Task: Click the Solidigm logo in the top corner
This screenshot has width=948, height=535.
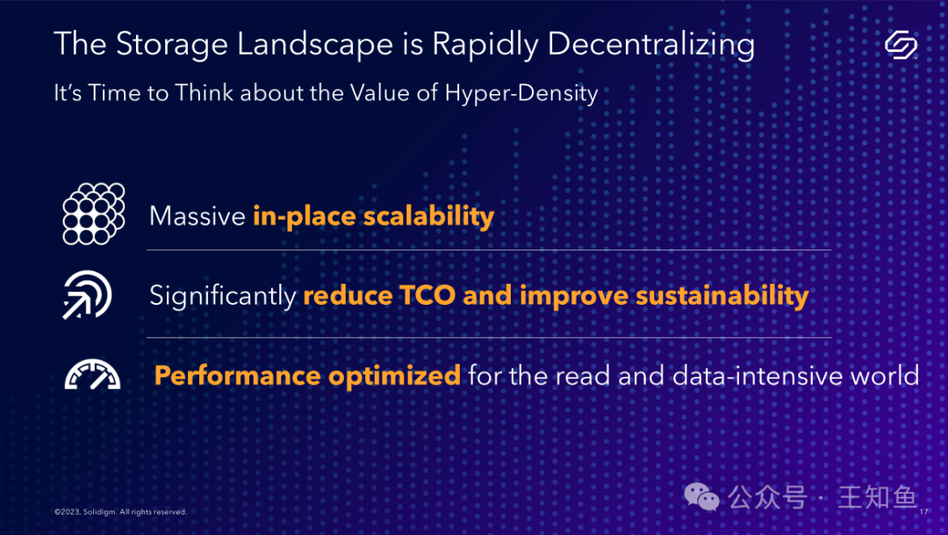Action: tap(901, 45)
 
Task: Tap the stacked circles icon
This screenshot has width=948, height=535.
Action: tap(94, 213)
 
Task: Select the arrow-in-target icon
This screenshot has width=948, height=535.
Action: tap(87, 295)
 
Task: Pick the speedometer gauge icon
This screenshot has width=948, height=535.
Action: tap(92, 374)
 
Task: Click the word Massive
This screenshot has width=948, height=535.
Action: tap(197, 216)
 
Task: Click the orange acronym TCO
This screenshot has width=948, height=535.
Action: tap(427, 296)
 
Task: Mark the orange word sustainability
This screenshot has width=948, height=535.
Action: tap(722, 296)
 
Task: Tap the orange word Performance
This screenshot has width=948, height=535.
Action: tap(238, 376)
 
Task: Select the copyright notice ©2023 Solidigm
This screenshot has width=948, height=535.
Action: tap(120, 512)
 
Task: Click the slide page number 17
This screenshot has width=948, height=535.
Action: tap(923, 512)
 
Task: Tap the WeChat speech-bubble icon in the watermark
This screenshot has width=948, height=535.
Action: tap(701, 497)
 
